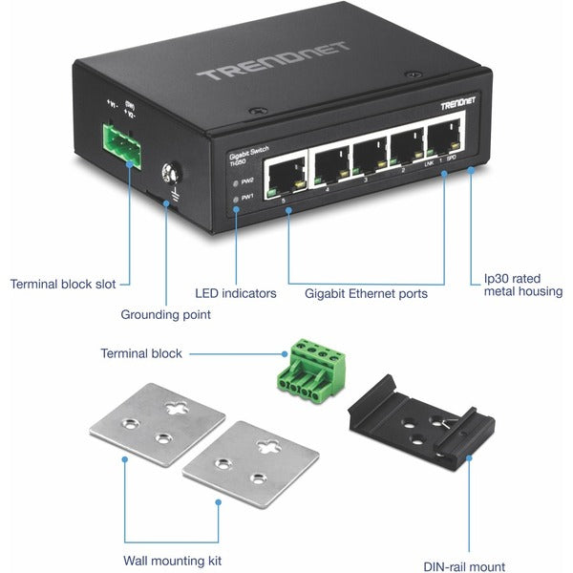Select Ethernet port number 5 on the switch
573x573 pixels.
coord(284,173)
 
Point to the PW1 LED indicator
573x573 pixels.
coord(236,198)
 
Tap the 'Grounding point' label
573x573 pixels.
coord(165,314)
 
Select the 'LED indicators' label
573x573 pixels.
coord(235,293)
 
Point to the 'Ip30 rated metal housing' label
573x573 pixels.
coord(521,285)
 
